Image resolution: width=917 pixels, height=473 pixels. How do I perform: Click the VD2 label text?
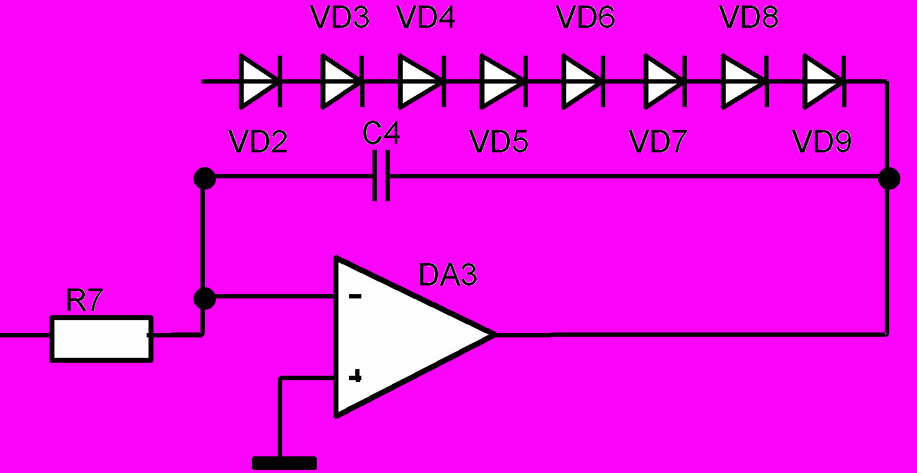[x=258, y=141]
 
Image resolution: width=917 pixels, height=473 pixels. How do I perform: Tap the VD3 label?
[x=340, y=17]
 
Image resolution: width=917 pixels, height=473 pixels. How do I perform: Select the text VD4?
[x=426, y=17]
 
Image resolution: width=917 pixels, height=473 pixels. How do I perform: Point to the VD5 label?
[x=499, y=141]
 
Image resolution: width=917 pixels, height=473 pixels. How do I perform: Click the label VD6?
[x=585, y=17]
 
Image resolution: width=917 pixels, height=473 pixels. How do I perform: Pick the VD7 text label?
[x=658, y=141]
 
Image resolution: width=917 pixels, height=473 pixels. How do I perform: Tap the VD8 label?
[x=749, y=17]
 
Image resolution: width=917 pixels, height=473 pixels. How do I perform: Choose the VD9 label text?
[x=822, y=141]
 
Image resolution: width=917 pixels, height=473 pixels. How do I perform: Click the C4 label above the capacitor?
[x=381, y=134]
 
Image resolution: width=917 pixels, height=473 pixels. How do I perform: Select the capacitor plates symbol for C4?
[x=381, y=176]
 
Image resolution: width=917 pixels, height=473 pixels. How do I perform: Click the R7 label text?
[x=84, y=300]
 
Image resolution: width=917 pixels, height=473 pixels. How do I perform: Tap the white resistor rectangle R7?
[x=101, y=339]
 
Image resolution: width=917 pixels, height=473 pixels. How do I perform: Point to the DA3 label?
[x=448, y=275]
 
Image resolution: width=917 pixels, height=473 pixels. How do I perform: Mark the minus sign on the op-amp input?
[x=355, y=296]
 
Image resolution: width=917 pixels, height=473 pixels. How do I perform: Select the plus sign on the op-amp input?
[x=355, y=376]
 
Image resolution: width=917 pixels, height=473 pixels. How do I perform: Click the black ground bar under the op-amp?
[x=285, y=463]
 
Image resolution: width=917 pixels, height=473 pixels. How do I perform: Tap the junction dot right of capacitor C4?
[x=889, y=178]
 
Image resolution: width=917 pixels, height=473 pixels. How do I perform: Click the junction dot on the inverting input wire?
[x=205, y=298]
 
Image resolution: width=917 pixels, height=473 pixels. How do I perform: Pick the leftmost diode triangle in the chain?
[x=258, y=82]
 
